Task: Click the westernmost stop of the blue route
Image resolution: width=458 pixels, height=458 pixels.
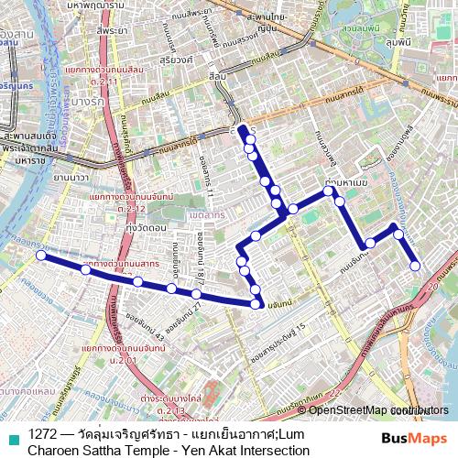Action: [x=41, y=256]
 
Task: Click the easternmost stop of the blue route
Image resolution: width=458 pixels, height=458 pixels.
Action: [x=415, y=266]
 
